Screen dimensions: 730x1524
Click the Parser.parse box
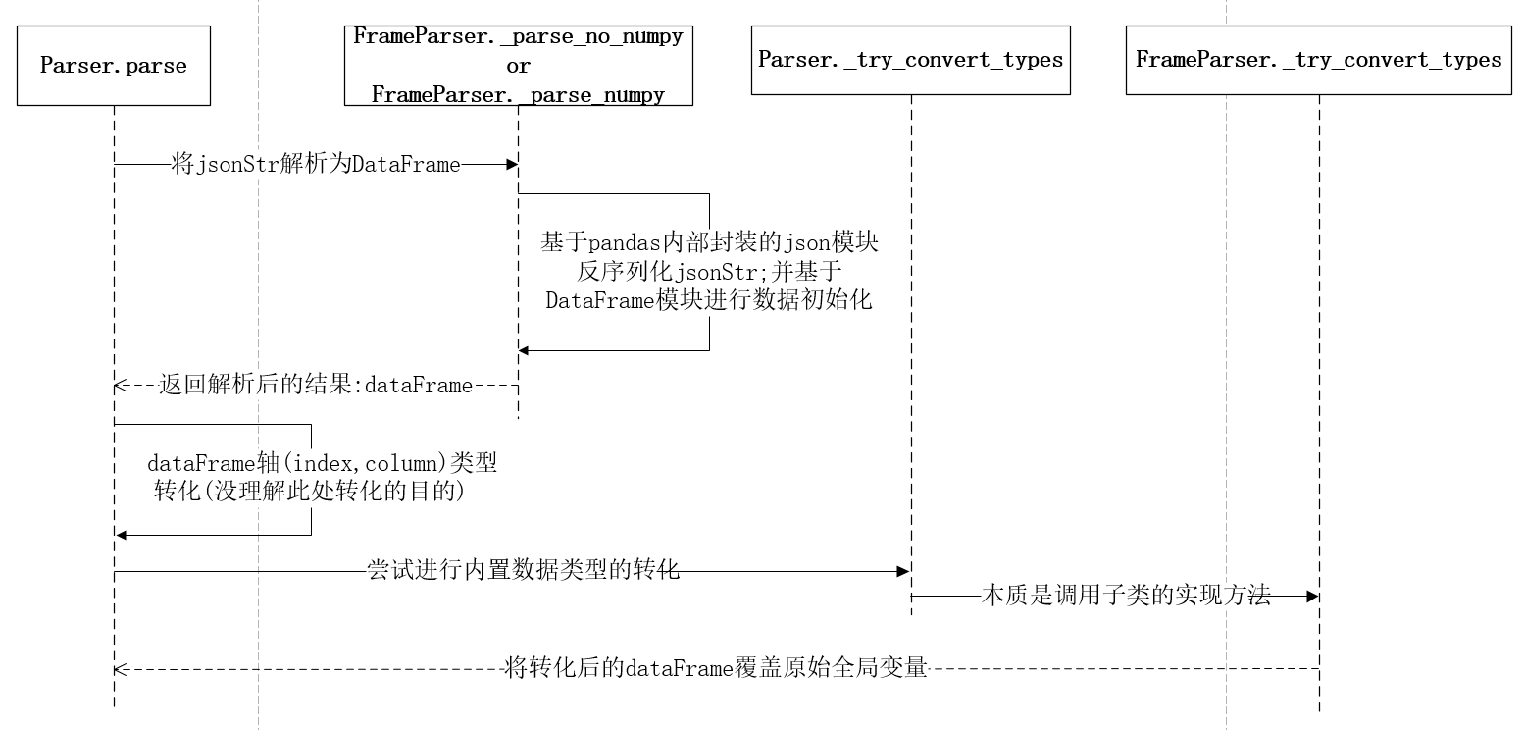tap(114, 66)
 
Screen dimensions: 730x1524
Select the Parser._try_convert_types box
tap(910, 60)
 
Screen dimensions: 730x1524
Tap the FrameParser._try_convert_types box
tap(1318, 60)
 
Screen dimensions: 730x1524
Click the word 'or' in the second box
tap(518, 67)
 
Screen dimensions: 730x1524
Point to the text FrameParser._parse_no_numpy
tap(518, 37)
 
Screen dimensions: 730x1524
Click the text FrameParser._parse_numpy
tap(518, 95)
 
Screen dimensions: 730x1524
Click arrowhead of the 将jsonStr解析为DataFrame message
tap(511, 165)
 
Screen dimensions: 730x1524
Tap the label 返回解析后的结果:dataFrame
tap(316, 386)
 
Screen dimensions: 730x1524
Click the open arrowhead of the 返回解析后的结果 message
tap(120, 386)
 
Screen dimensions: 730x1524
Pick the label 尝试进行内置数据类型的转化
tap(523, 570)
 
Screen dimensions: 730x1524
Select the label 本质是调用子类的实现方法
tap(1126, 595)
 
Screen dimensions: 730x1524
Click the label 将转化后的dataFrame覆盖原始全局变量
tap(715, 669)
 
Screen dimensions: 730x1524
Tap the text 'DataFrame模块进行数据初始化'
tap(708, 301)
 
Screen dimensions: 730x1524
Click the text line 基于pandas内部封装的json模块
tap(708, 241)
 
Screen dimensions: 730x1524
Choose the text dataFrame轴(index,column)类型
tap(322, 463)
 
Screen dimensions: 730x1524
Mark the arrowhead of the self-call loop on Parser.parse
tap(121, 535)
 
